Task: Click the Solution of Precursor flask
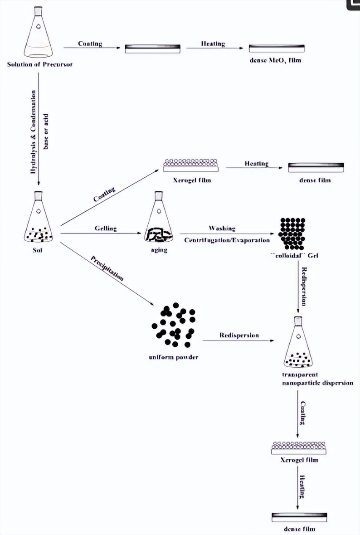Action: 39,35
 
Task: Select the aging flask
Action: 158,219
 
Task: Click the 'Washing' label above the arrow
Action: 222,228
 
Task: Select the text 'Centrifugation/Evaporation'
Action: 227,240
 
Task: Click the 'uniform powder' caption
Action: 173,357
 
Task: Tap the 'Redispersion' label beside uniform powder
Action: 239,335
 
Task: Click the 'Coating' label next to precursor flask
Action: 90,44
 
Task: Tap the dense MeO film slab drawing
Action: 277,48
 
